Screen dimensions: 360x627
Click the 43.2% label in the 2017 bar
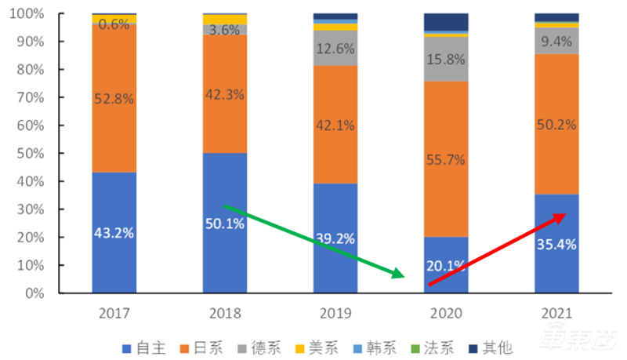point(114,233)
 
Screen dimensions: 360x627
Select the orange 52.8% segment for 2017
point(114,98)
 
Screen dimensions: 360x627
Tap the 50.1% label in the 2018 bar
point(225,224)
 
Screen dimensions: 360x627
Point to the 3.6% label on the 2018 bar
point(225,31)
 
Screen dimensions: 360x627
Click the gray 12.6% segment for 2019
point(335,48)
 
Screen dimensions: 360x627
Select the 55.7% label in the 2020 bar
point(446,159)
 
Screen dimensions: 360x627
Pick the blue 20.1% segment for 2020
point(446,265)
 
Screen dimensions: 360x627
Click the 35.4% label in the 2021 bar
point(557,244)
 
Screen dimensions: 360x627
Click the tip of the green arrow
point(403,276)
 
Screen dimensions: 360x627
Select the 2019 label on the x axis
point(335,314)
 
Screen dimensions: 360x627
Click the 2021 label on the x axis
point(557,314)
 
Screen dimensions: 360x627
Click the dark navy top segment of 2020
point(446,21)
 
